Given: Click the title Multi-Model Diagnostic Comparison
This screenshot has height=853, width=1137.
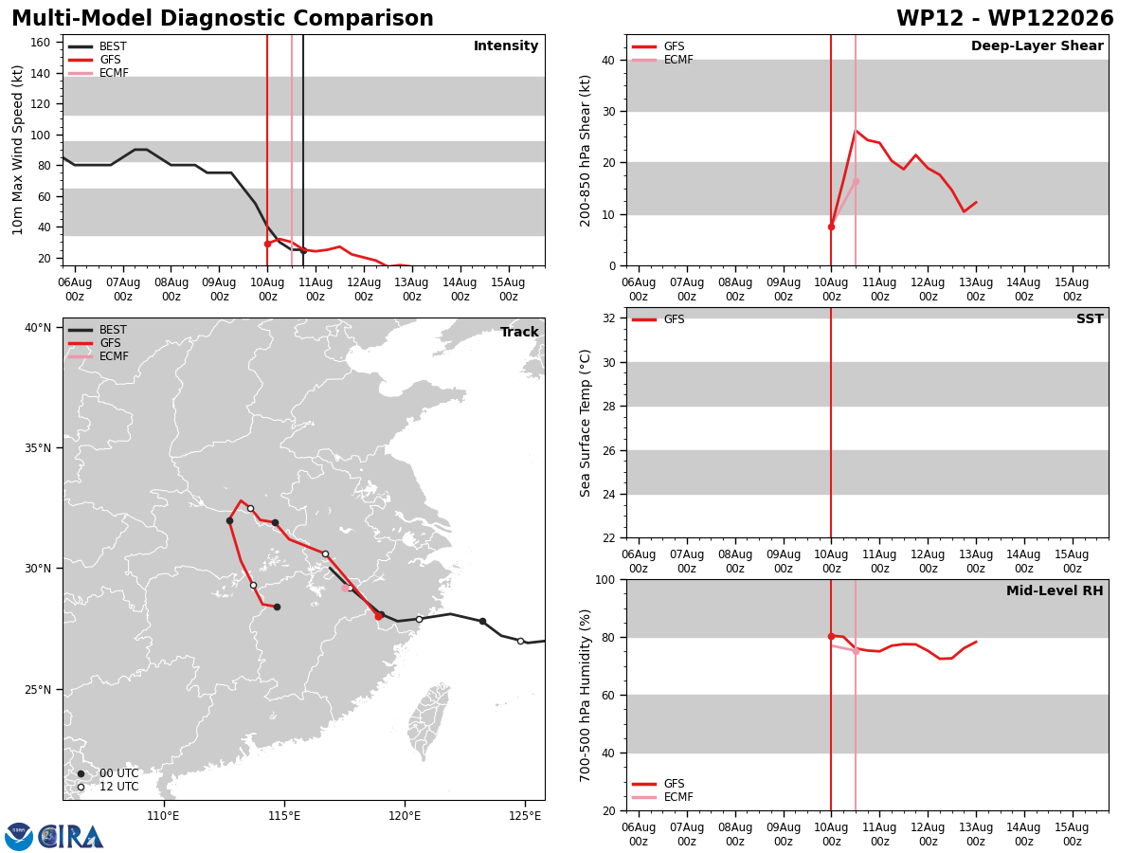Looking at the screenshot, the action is pos(223,18).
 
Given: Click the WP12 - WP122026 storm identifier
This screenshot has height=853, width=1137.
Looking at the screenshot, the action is pos(1005,18).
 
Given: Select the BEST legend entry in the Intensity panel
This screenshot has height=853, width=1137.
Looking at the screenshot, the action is pos(98,46).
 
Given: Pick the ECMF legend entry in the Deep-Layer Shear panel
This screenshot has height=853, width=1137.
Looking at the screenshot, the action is pos(662,60).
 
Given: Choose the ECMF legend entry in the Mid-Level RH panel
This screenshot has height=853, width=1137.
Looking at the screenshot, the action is pos(662,796).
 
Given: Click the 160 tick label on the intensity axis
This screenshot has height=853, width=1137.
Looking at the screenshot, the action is pos(40,43).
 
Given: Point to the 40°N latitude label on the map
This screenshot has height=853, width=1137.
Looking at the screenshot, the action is pos(38,327).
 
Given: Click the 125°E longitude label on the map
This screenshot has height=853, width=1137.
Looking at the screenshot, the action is pos(525,816).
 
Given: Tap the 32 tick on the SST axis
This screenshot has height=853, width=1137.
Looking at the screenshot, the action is pos(609,318).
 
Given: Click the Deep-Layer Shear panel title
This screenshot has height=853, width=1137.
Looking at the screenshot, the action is pos(1037,45).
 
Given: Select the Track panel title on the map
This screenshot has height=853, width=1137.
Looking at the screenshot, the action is pos(519,332).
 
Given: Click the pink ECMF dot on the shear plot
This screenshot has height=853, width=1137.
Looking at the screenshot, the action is pos(856,182).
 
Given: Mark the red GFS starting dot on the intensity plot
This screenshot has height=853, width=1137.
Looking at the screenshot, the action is pos(267,244).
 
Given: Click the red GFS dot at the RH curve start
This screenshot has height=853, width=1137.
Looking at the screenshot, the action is pos(831,636).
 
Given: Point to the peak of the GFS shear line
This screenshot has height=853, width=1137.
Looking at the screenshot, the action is pos(856,131).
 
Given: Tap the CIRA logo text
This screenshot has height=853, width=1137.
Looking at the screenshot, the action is pos(71,837).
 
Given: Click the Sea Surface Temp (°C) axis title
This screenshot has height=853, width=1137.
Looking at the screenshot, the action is pos(585,423).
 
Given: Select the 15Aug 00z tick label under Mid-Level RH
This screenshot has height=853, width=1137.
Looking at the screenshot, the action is pos(1072,834).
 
